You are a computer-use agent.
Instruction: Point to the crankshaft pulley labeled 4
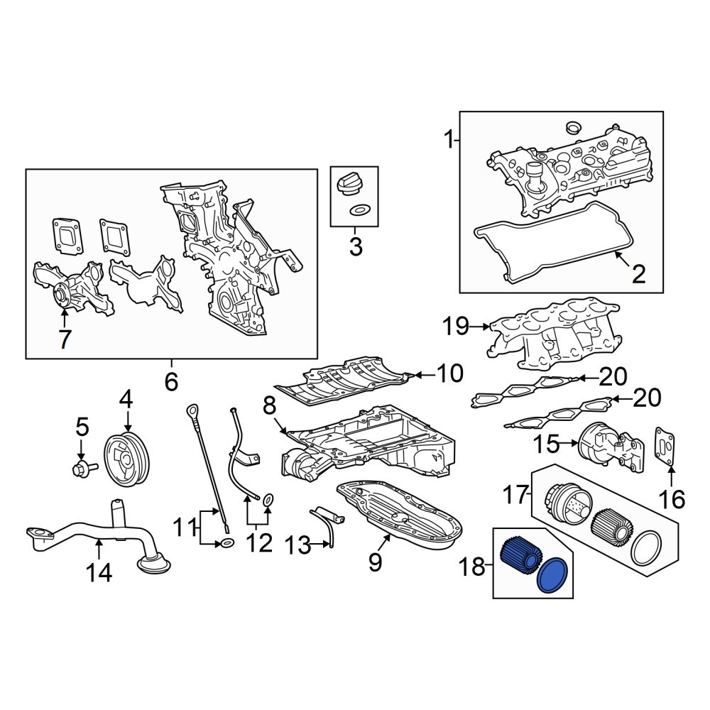pyautogui.click(x=126, y=459)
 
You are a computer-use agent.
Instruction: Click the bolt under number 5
pyautogui.click(x=84, y=469)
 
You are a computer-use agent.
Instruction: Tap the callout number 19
pyautogui.click(x=456, y=326)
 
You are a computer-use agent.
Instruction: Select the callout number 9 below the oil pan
pyautogui.click(x=376, y=562)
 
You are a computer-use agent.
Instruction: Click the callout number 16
pyautogui.click(x=672, y=499)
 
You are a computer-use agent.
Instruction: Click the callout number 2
pyautogui.click(x=638, y=274)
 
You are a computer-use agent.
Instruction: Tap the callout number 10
pyautogui.click(x=449, y=373)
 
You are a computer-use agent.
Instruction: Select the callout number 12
pyautogui.click(x=259, y=542)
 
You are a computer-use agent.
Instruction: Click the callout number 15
pyautogui.click(x=545, y=444)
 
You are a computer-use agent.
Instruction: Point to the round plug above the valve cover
pyautogui.click(x=573, y=127)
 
